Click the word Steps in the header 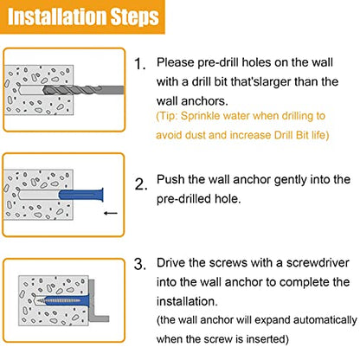tap(135, 17)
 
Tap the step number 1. tap(140, 64)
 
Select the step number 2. tap(141, 184)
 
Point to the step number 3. tap(140, 264)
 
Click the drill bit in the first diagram tap(84, 90)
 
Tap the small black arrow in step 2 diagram tap(111, 213)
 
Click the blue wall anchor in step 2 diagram tap(81, 195)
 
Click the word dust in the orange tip tap(195, 135)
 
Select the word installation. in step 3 tap(187, 301)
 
